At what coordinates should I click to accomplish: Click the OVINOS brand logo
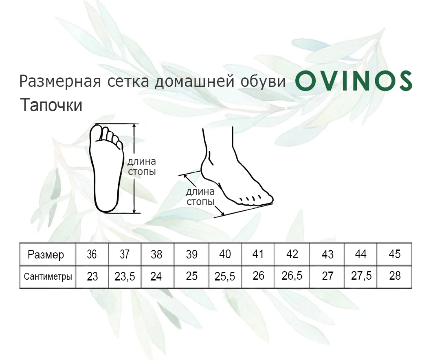(x=354, y=81)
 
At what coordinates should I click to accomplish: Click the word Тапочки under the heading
(x=51, y=105)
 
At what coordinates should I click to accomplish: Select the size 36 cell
(x=92, y=254)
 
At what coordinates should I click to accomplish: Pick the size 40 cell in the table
(x=225, y=254)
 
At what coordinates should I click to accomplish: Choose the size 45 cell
(x=394, y=254)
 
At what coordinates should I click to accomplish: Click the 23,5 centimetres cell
(x=125, y=276)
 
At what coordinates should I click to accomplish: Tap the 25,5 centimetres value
(x=225, y=276)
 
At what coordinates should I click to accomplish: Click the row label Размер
(x=46, y=255)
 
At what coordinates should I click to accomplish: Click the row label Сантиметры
(x=48, y=276)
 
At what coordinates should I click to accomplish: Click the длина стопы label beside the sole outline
(x=142, y=166)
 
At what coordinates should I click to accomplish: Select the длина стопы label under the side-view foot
(x=200, y=197)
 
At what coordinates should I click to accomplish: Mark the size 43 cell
(x=327, y=254)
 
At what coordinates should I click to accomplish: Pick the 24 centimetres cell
(x=156, y=276)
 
